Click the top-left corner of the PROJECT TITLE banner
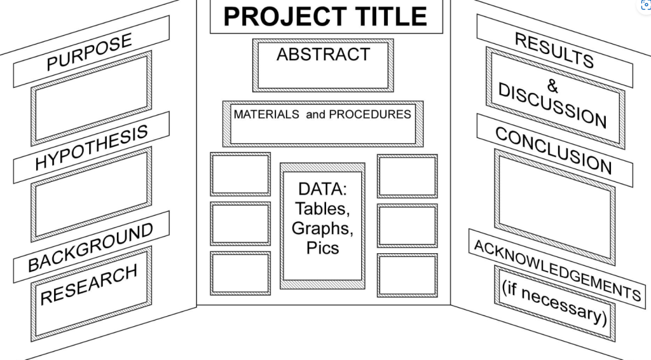210,1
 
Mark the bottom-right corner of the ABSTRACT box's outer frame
394,92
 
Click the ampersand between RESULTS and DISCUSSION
552,86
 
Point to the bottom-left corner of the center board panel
197,305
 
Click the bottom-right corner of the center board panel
451,305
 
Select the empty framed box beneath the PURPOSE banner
92,99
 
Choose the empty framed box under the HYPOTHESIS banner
92,195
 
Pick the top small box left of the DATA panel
240,174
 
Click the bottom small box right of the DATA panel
408,275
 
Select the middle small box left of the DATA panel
240,223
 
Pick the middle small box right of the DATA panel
408,225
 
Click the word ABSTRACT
323,55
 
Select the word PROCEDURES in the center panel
370,114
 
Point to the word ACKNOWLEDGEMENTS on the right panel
557,270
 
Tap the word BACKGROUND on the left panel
90,247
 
